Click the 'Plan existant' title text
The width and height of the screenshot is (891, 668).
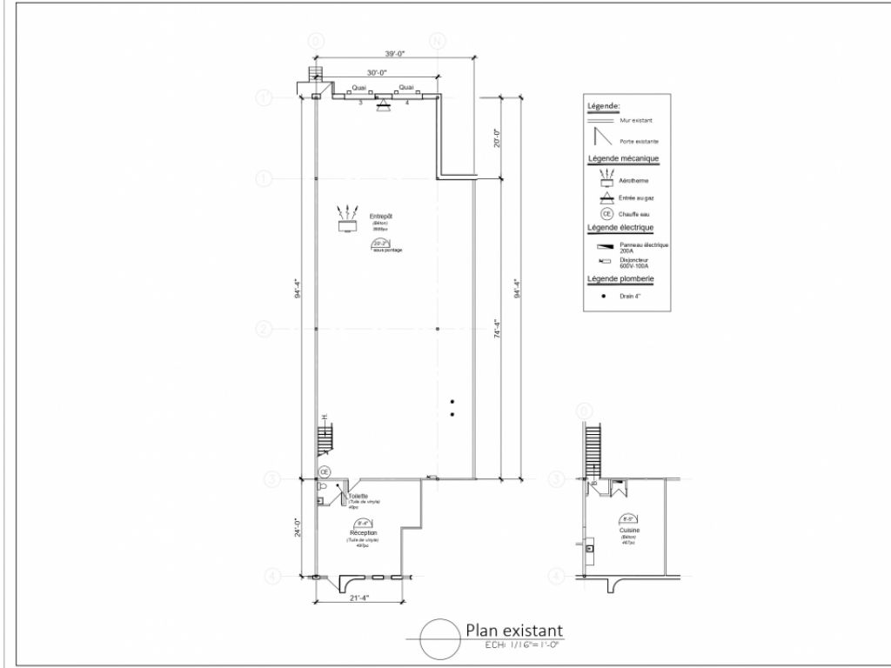click(513, 630)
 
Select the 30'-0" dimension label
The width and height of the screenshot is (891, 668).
click(378, 73)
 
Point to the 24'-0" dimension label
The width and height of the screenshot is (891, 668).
click(298, 528)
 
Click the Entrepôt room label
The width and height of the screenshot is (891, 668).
click(381, 216)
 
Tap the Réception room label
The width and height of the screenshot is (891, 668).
click(363, 532)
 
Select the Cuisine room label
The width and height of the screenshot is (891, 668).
click(630, 530)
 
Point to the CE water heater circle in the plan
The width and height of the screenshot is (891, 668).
click(325, 471)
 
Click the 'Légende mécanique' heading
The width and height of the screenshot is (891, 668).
click(623, 159)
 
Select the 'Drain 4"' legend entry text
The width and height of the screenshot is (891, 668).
click(631, 296)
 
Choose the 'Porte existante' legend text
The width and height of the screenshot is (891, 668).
click(639, 141)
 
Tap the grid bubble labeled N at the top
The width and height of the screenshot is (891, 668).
click(439, 42)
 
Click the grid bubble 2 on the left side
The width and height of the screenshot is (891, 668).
click(265, 329)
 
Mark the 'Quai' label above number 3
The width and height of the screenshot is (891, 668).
click(358, 88)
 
